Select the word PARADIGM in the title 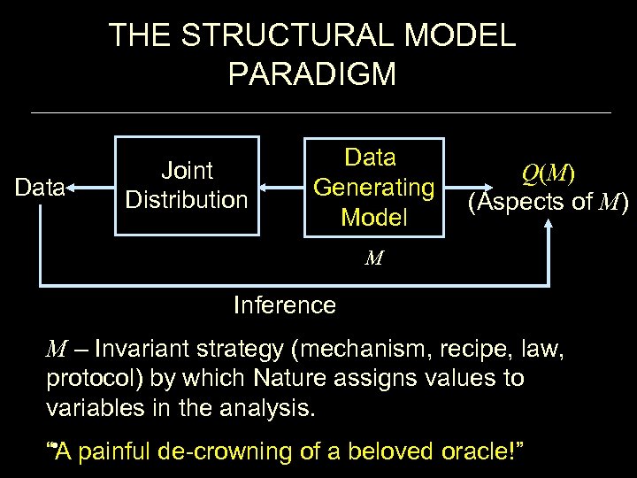point(311,74)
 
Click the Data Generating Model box point(373,187)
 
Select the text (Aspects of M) point(548,203)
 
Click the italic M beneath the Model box point(374,258)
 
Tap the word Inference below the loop point(284,305)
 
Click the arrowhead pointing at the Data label point(72,188)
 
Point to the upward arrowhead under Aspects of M point(549,227)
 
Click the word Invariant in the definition point(141,349)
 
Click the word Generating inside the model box point(373,188)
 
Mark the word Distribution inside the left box point(187,200)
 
